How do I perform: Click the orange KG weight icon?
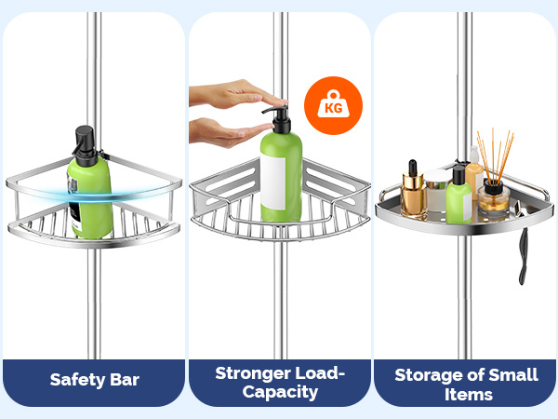point(333,106)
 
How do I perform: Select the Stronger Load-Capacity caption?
point(280,382)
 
